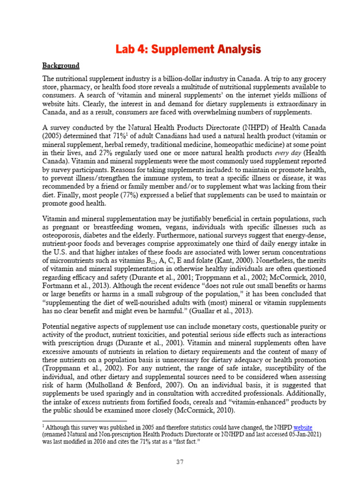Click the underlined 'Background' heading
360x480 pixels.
click(61, 66)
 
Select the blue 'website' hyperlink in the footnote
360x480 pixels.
click(303, 427)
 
